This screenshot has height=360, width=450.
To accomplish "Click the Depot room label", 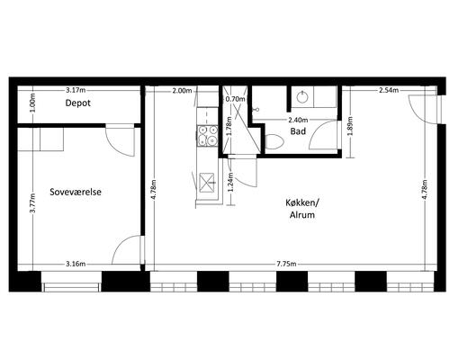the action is tap(77, 103).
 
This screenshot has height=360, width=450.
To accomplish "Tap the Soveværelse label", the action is tap(76, 192).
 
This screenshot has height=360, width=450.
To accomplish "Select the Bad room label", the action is tap(298, 131).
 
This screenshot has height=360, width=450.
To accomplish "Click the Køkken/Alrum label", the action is tap(302, 209).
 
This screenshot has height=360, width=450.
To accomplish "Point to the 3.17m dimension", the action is tap(76, 90).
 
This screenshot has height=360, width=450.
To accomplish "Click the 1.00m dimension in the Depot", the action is tap(32, 103).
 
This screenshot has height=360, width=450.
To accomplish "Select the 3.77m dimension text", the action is tap(32, 202).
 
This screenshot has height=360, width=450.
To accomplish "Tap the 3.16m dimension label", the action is tap(76, 264).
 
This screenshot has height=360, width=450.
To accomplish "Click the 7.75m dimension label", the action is tap(286, 264).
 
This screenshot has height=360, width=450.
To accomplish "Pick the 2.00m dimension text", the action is tap(182, 90).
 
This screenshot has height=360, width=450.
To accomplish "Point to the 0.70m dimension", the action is tap(235, 99).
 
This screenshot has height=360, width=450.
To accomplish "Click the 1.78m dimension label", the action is tap(229, 126).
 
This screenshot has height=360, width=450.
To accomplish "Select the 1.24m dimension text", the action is tap(230, 182).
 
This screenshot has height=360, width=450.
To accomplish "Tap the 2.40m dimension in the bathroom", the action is tap(298, 121).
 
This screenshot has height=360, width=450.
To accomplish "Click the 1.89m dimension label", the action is tap(350, 126).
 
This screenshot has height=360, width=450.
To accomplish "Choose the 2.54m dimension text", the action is tap(389, 90).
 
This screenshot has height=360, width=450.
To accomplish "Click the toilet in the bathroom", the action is tap(274, 141).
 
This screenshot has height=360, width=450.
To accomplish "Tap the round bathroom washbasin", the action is tap(301, 96).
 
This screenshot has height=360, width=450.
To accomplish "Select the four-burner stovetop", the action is tap(207, 136).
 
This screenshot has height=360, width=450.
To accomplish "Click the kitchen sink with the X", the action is tap(207, 183).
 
